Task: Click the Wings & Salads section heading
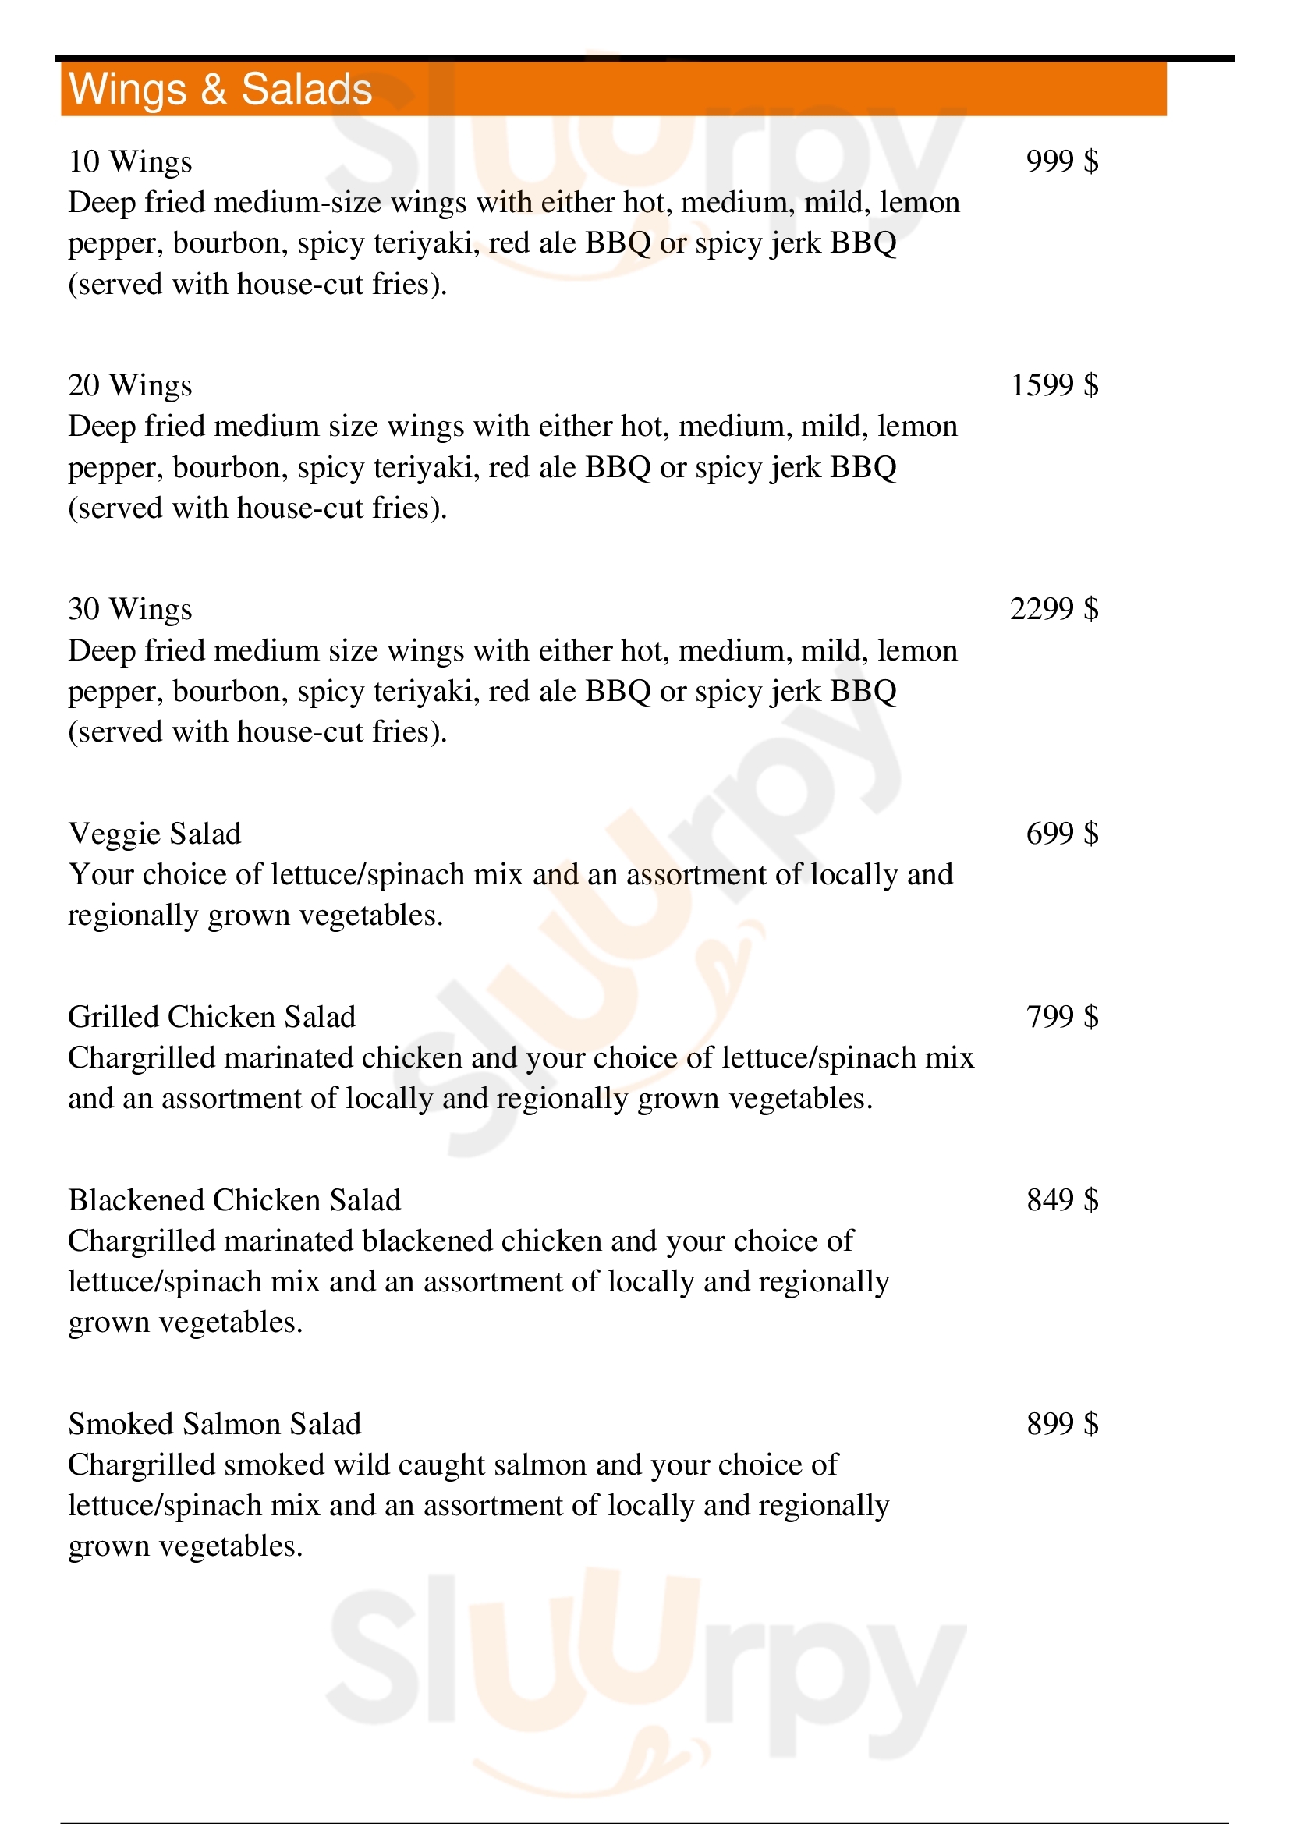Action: coord(220,89)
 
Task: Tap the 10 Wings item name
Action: coord(130,162)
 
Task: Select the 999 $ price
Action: coord(1062,161)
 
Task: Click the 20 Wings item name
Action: coord(130,386)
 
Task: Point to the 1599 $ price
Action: coord(1054,385)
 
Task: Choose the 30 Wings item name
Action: coord(130,610)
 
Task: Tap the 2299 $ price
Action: coord(1054,609)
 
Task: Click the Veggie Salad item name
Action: coord(155,834)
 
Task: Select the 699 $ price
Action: coord(1062,834)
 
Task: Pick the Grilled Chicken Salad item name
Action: coord(212,1017)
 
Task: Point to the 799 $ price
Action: coord(1062,1017)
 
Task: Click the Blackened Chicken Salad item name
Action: coord(234,1200)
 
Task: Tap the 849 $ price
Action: coord(1062,1200)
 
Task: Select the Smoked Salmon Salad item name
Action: coord(214,1425)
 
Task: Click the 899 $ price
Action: coord(1062,1425)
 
